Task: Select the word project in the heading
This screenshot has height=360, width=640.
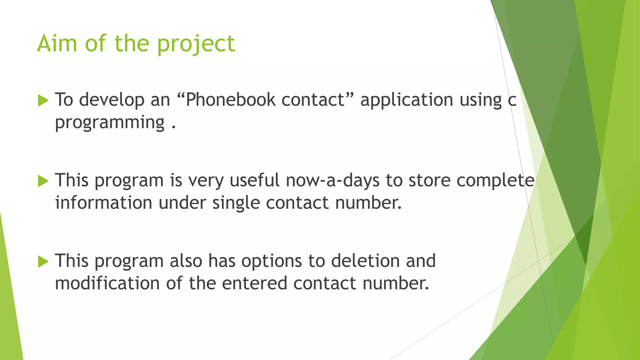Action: click(196, 44)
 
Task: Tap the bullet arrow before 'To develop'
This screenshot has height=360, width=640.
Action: click(43, 101)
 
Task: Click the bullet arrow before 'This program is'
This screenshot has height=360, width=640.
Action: click(43, 181)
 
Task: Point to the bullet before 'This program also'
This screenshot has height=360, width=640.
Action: click(43, 262)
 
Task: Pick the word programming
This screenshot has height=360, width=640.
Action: click(110, 122)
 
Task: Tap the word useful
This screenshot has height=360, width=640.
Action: click(254, 180)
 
